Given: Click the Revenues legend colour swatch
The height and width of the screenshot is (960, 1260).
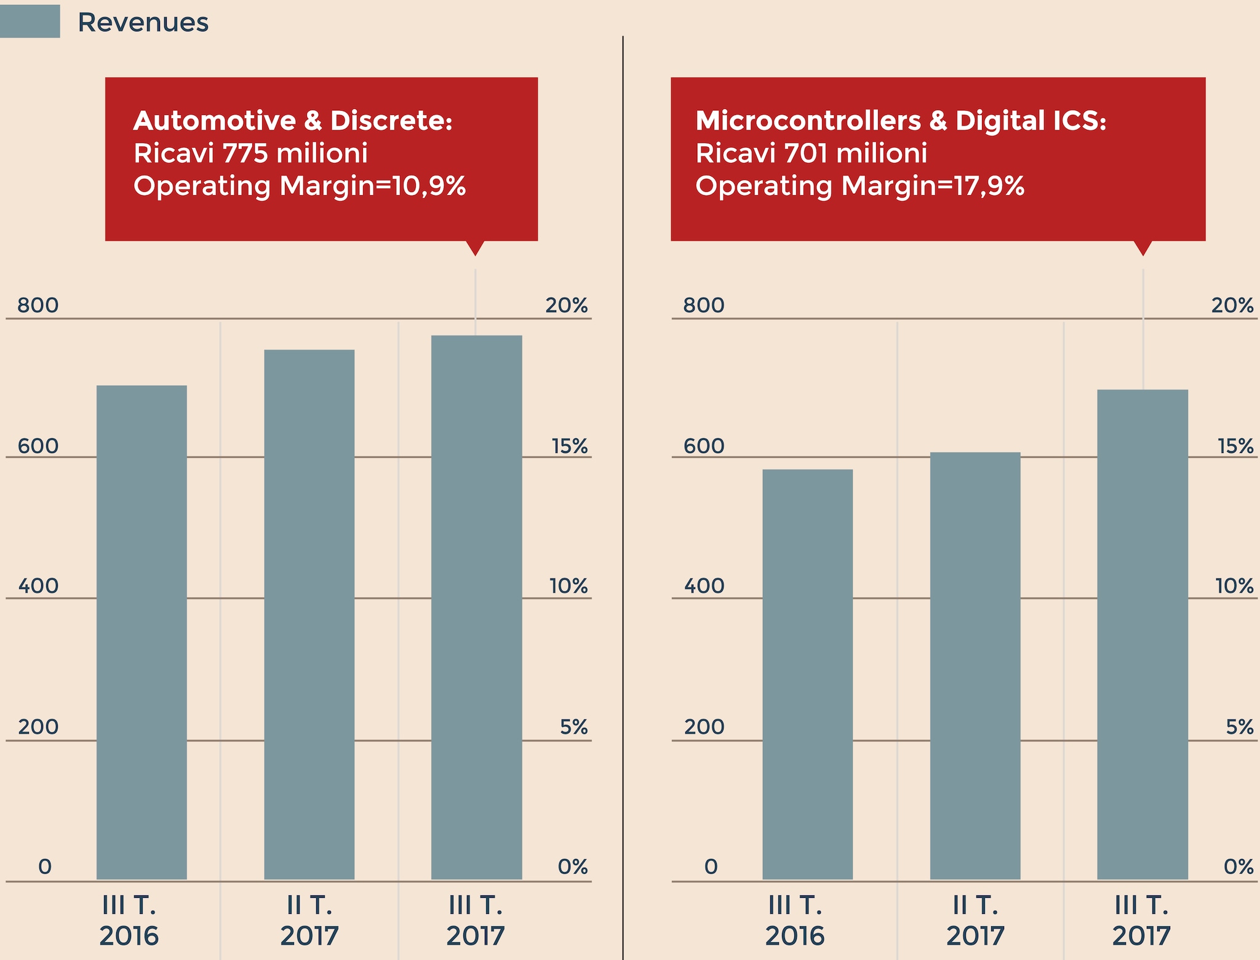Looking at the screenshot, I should click(30, 22).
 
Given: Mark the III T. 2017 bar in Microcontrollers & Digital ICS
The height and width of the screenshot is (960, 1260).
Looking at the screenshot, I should click(1142, 634).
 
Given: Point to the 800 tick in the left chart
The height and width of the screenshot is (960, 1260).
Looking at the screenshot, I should click(38, 305).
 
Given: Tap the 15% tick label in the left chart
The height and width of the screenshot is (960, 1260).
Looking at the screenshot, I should click(569, 446).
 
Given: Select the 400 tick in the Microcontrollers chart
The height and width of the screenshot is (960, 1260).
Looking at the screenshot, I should click(704, 586).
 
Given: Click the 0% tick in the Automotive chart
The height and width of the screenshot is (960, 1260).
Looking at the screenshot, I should click(572, 866).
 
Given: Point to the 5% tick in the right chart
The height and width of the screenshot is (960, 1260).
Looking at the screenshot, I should click(1239, 727).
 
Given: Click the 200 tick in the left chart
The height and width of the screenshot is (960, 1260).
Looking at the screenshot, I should click(38, 727).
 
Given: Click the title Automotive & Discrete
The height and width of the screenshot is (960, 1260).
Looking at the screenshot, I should click(293, 121).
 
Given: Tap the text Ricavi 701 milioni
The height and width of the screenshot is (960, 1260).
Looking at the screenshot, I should click(811, 153).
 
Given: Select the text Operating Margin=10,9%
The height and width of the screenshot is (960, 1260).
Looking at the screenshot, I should click(300, 186).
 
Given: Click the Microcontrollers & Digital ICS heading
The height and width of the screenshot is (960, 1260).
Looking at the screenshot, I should click(901, 121).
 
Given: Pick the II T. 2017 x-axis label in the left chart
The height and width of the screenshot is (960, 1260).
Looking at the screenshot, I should click(309, 921).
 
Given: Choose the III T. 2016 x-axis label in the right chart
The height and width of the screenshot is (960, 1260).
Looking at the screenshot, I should click(795, 921).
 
